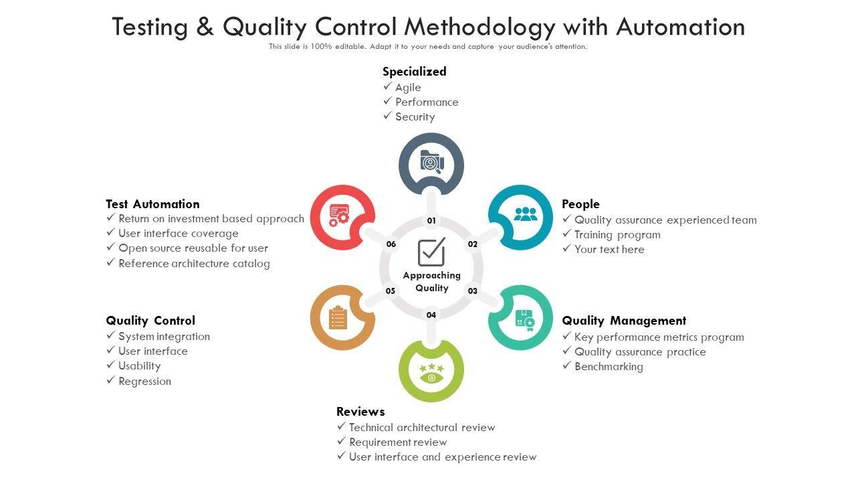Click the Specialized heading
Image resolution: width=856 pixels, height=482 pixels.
coord(414,71)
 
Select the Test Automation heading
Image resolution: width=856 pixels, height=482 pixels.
coord(152,204)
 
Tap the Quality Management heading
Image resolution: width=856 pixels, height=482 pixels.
coord(624,321)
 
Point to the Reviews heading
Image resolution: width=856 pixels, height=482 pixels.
coord(360,412)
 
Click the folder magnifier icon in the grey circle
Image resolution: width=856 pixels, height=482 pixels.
coord(431,163)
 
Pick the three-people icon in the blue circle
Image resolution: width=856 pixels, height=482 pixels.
coord(525,214)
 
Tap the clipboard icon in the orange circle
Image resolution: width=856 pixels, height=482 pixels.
coord(338,317)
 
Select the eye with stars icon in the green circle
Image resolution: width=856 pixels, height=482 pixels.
coord(431,374)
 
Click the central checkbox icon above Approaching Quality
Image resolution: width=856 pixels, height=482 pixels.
coord(431,252)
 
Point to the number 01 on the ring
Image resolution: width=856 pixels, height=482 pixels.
coord(431,221)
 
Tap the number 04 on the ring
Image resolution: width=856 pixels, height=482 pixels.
coord(431,315)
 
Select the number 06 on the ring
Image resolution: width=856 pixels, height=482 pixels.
coord(391,244)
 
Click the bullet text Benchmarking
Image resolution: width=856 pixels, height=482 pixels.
coord(609,367)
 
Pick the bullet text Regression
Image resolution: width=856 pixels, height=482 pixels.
coord(144,382)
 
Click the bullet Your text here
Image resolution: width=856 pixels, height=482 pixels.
coord(609,250)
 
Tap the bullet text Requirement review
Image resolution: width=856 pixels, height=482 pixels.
coord(398,443)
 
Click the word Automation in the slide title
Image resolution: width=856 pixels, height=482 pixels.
coord(680,27)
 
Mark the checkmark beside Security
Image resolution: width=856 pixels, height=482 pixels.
coord(387,116)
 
